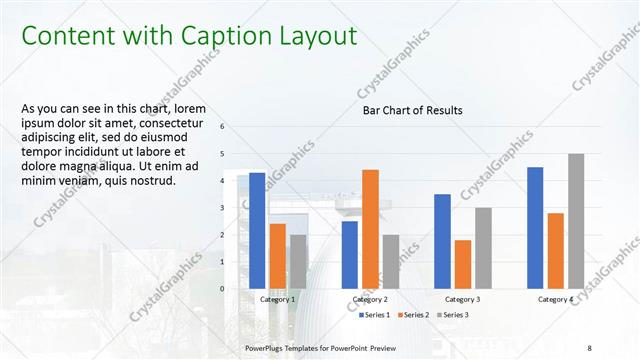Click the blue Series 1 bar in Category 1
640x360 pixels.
tap(257, 231)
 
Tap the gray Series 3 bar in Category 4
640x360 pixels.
tap(576, 221)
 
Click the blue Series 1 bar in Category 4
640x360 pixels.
tap(535, 228)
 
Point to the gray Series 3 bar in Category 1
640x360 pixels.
tap(298, 262)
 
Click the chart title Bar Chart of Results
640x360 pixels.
tap(412, 110)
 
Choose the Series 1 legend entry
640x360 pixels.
tap(375, 315)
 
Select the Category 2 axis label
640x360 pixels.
tap(370, 299)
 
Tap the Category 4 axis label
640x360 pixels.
tap(555, 299)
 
